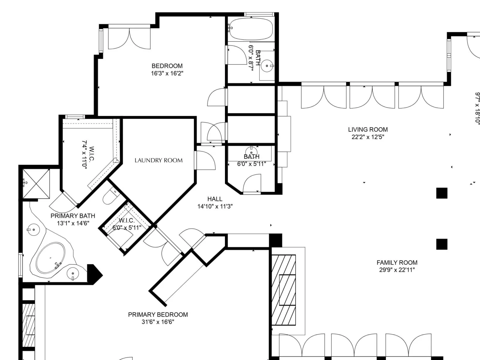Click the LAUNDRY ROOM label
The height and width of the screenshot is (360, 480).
click(x=158, y=160)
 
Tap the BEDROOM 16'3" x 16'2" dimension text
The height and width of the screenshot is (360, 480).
click(x=167, y=73)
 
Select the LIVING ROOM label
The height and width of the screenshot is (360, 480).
click(x=368, y=129)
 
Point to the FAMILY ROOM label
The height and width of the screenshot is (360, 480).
click(x=397, y=262)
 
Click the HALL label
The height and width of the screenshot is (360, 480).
click(x=215, y=199)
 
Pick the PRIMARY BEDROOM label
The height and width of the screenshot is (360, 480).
click(x=158, y=314)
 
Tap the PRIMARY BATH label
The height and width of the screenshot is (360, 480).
click(x=73, y=216)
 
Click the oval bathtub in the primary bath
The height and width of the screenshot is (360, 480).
click(x=50, y=258)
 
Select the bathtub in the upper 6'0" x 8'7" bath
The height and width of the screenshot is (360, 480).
click(x=250, y=28)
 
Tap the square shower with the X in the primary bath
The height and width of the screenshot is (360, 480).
click(x=36, y=184)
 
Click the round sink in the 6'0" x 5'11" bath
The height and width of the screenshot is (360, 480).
click(x=251, y=153)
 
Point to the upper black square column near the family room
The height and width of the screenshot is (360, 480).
click(x=442, y=193)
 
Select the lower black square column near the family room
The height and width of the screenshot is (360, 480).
click(x=442, y=244)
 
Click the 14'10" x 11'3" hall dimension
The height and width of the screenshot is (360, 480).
click(x=215, y=206)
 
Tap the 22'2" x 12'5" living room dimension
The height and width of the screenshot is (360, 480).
click(x=368, y=137)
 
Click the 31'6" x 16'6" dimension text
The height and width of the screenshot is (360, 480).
click(x=158, y=322)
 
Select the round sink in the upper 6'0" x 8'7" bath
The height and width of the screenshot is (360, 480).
click(x=267, y=66)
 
